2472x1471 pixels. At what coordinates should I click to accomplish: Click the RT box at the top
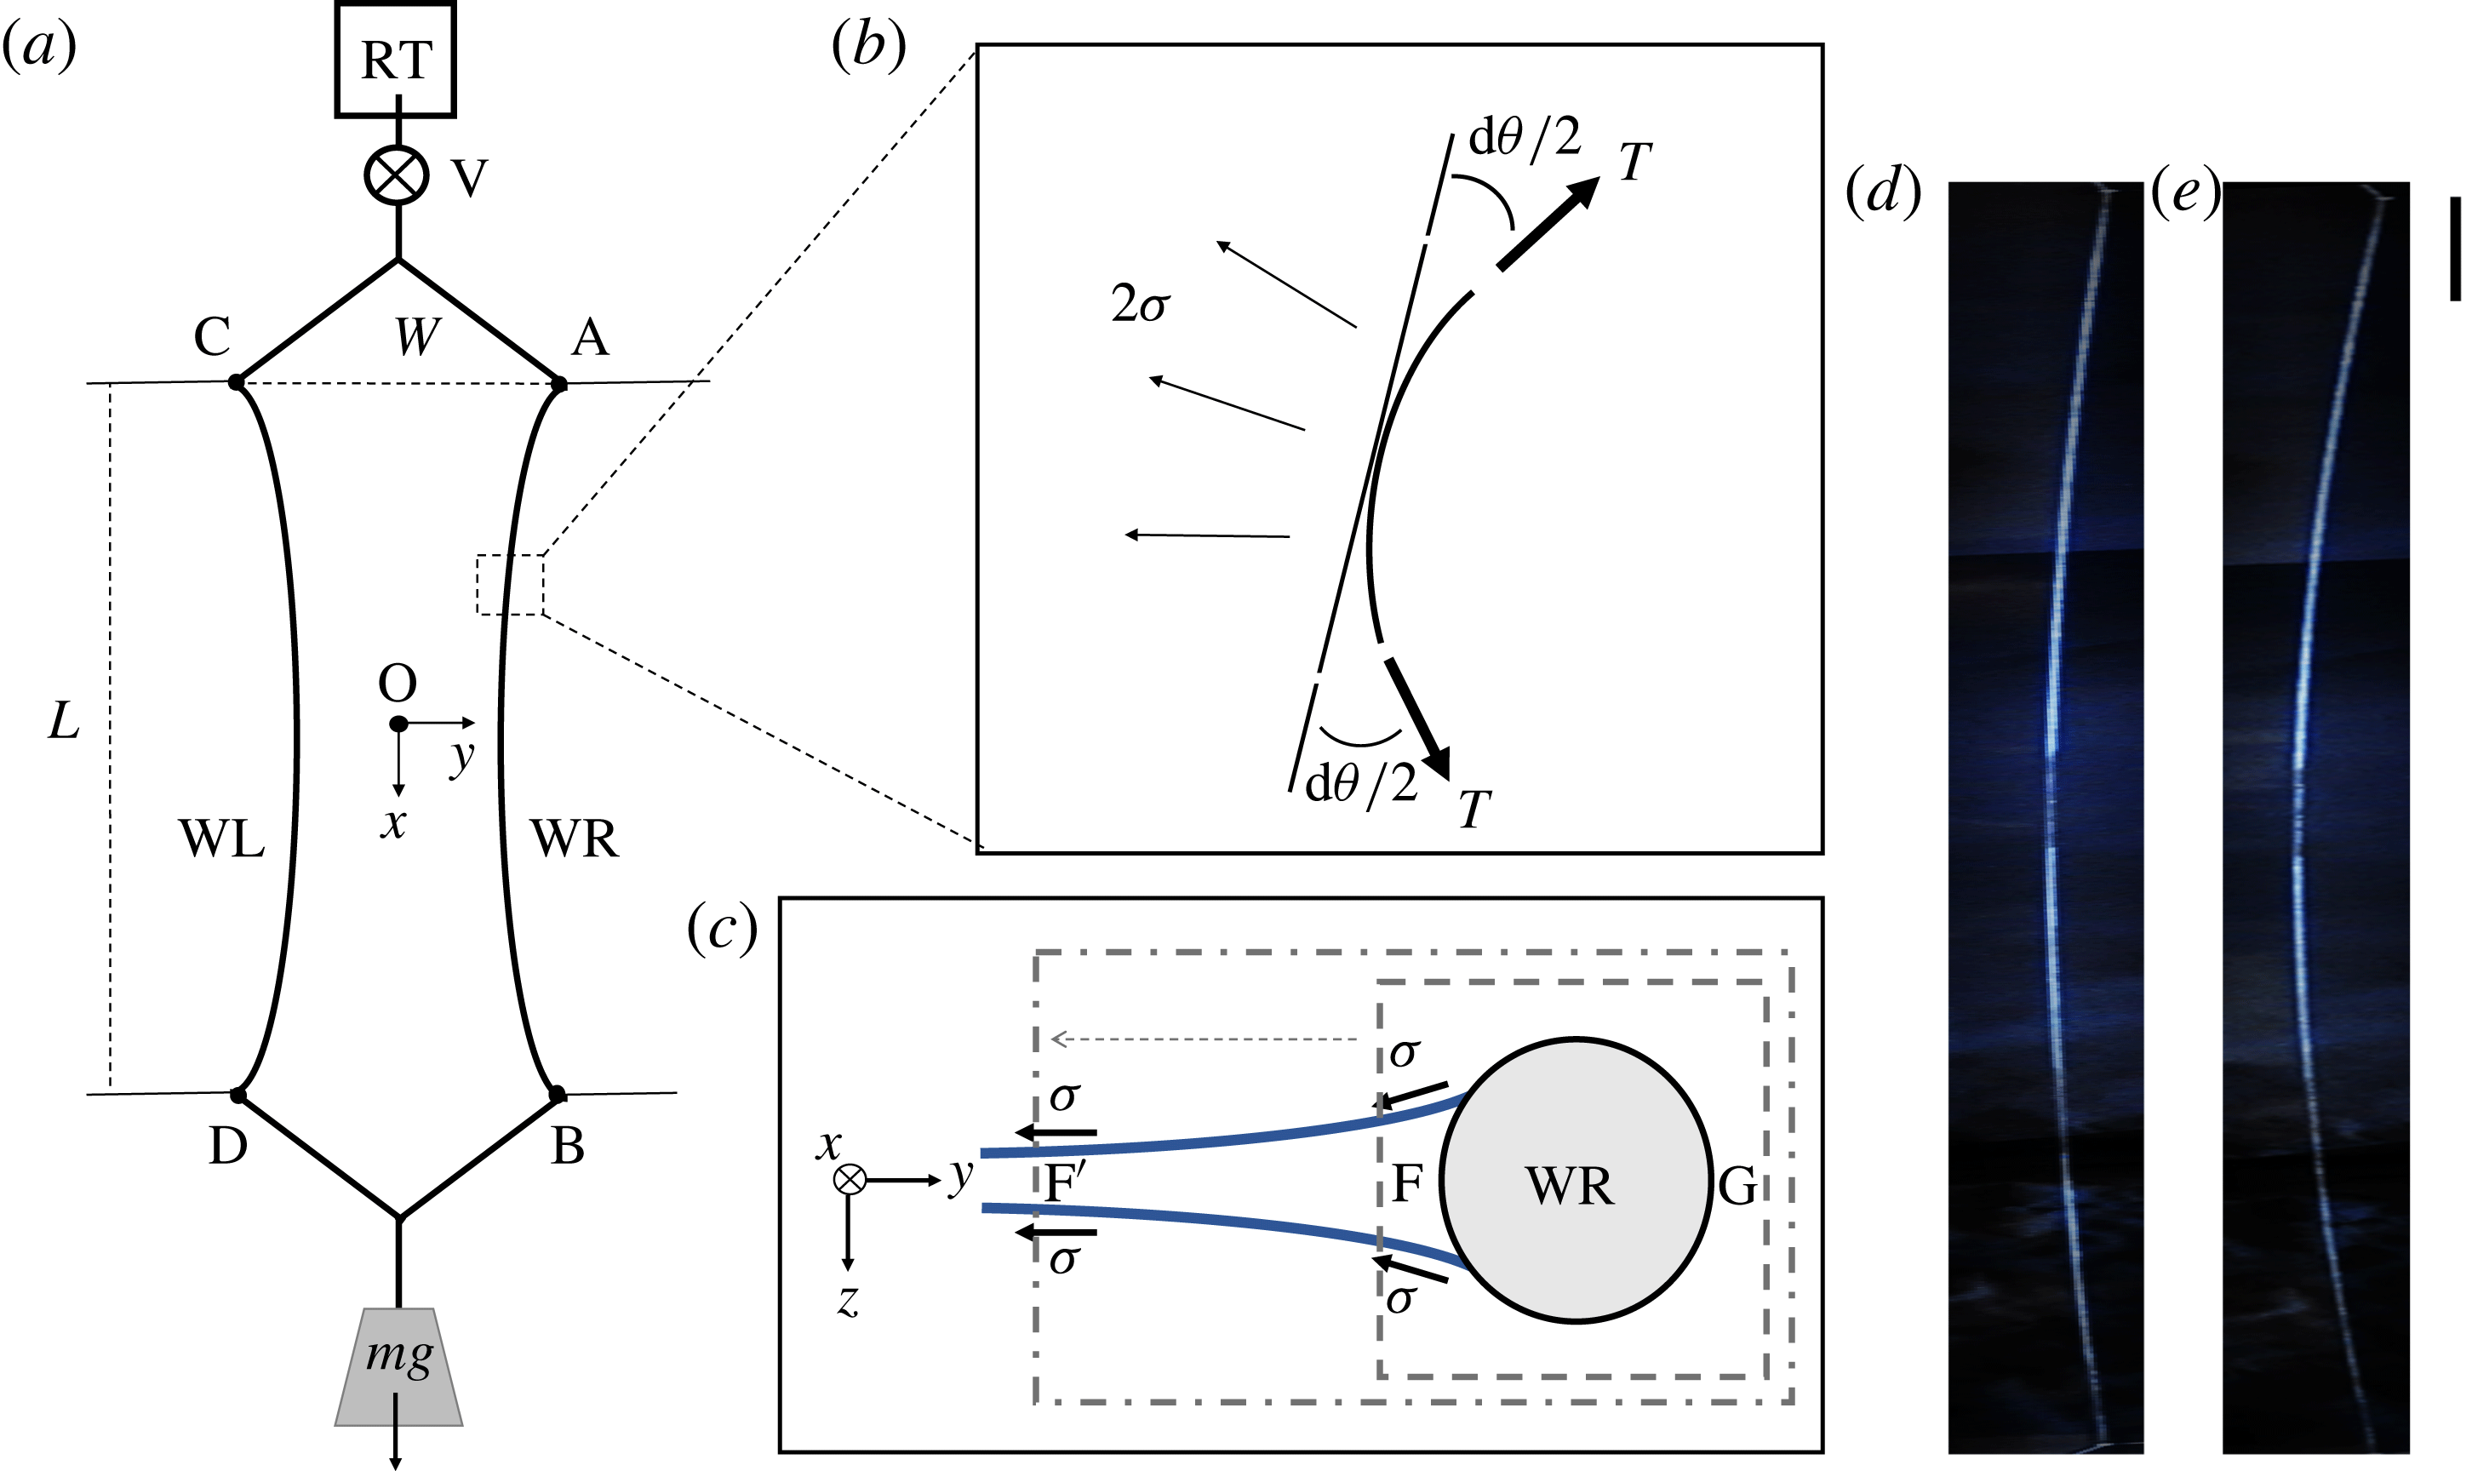coord(396,60)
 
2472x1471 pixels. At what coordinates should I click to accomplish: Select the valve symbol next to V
coord(397,175)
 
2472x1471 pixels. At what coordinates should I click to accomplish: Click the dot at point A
coord(559,384)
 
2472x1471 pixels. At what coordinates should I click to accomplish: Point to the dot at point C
coord(236,381)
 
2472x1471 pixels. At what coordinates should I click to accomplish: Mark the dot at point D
coord(237,1096)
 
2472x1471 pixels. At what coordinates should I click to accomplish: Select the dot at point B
coord(557,1095)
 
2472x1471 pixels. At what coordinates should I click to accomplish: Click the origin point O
coord(398,724)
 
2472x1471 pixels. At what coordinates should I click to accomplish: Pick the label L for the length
coord(64,721)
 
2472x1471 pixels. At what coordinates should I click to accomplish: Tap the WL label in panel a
coord(221,839)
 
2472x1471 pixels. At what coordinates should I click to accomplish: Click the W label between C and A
coord(416,337)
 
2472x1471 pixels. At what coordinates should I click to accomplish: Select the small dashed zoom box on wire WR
coord(509,585)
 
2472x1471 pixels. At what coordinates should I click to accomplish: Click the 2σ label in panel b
coord(1140,303)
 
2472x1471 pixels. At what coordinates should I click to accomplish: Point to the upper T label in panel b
coord(1634,162)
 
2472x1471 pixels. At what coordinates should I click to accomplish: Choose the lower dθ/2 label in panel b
coord(1361,783)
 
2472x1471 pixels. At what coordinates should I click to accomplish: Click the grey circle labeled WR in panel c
coord(1575,1180)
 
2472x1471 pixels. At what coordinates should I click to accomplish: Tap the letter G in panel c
coord(1737,1187)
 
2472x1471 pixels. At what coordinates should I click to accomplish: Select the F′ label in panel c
coord(1065,1182)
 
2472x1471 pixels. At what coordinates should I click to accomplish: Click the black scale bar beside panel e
coord(2454,248)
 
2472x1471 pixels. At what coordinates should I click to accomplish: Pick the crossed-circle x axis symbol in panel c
coord(850,1180)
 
